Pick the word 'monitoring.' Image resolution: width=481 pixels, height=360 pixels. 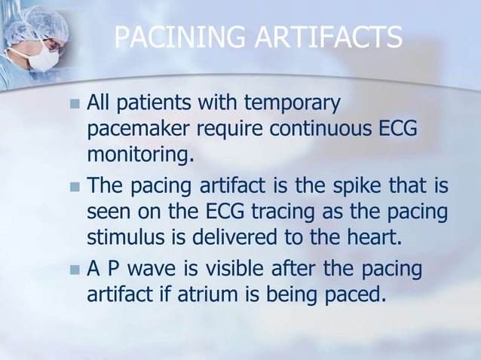coord(136,157)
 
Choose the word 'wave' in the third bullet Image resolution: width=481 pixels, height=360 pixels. coord(153,269)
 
